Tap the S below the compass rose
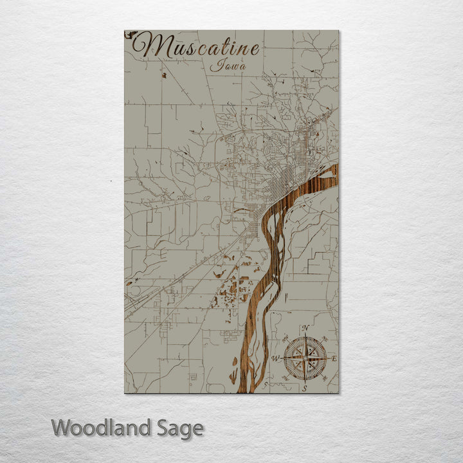tap(305, 388)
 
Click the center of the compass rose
tap(305, 358)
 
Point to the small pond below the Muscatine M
tap(164, 75)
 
